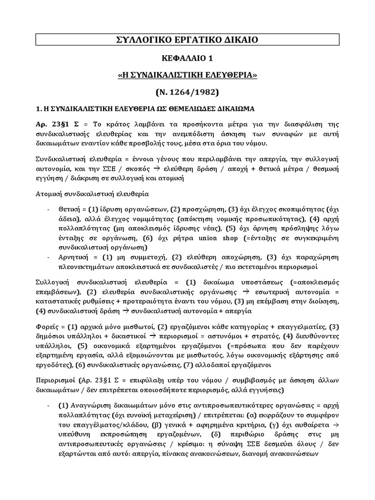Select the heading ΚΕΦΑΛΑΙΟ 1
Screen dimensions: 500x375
(x=187, y=59)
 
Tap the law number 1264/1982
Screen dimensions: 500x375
(x=193, y=91)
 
